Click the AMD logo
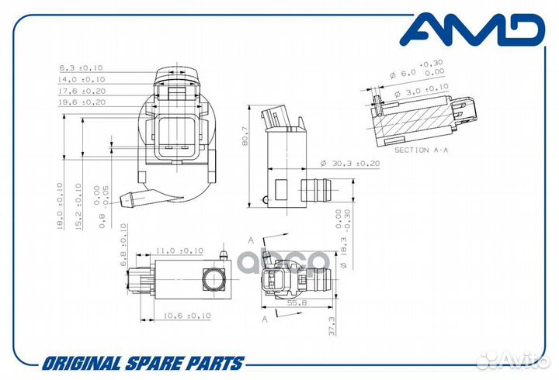(472, 29)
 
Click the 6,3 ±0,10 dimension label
(81, 67)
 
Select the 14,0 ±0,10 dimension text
(82, 79)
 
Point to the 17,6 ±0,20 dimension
(82, 92)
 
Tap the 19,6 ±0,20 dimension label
(82, 102)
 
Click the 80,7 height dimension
(245, 136)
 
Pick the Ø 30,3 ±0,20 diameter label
(350, 164)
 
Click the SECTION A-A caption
(421, 150)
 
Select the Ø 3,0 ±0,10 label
(422, 91)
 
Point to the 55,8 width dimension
(297, 303)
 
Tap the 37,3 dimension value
(332, 326)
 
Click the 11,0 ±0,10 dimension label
(179, 250)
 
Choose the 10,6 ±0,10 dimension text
(187, 316)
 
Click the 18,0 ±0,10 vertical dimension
(60, 206)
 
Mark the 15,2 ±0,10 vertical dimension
(78, 206)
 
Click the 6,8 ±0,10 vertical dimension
(123, 244)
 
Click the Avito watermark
(513, 360)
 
